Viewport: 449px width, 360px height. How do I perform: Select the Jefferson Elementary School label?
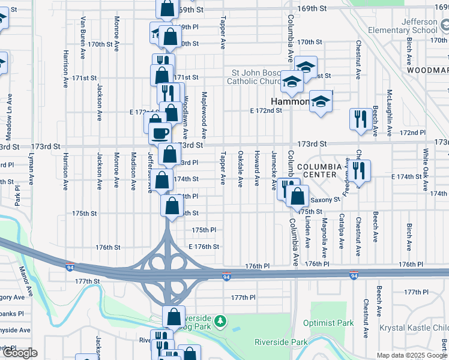point(404,26)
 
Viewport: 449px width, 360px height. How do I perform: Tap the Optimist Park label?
point(328,323)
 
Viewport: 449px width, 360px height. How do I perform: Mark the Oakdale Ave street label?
point(240,168)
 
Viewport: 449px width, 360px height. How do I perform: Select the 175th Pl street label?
point(203,230)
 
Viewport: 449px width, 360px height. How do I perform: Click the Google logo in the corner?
point(19,353)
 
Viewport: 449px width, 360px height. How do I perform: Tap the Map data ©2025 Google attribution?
point(412,355)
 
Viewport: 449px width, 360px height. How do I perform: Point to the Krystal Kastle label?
point(414,328)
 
